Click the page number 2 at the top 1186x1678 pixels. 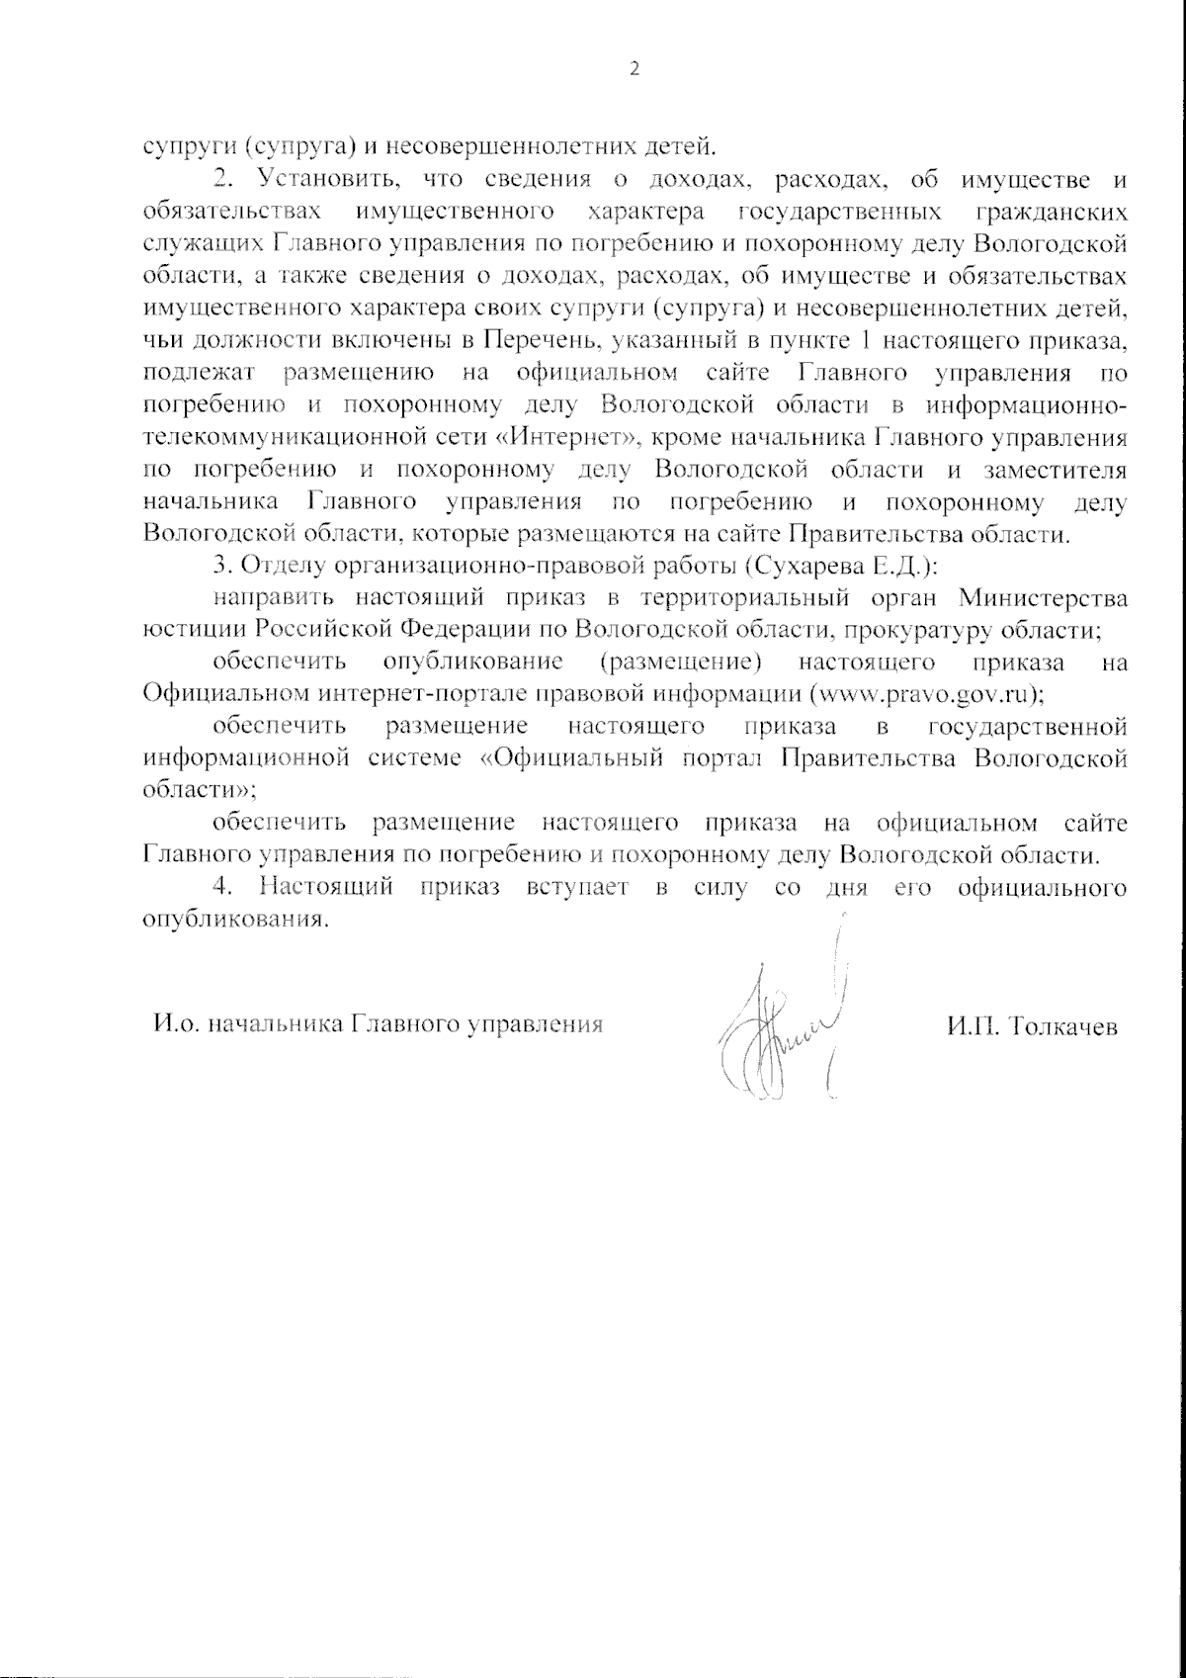pos(635,69)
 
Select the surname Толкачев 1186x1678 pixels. pos(1059,1027)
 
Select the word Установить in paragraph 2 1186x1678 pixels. pos(327,179)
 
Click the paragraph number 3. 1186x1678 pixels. pos(221,567)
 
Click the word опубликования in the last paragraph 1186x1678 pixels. pos(233,919)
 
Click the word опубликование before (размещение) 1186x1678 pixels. pos(472,661)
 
